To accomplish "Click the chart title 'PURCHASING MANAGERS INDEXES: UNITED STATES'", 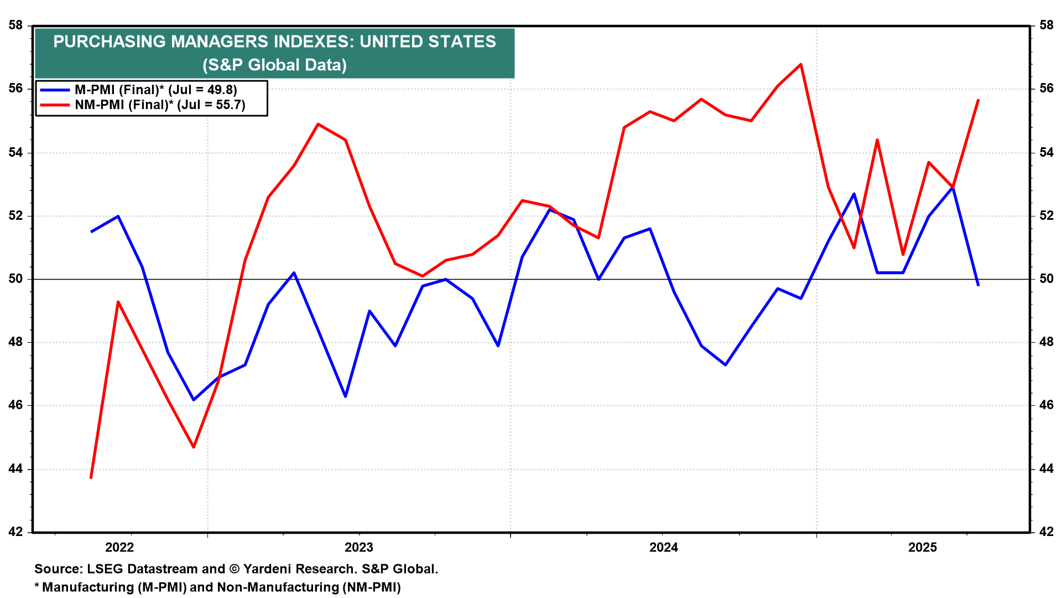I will point(274,42).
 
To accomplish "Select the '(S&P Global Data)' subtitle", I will point(274,65).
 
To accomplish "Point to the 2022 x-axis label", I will point(119,548).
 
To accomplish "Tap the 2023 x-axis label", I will point(359,548).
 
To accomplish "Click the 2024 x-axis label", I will point(663,548).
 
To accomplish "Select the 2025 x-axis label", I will point(923,548).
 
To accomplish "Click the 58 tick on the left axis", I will point(15,25).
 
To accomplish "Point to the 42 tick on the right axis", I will point(1047,532).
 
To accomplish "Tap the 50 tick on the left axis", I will point(15,279).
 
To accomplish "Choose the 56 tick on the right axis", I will point(1047,89).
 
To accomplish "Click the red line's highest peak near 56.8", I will point(801,64).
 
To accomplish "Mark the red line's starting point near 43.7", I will point(91,478).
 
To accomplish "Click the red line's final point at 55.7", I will point(978,100).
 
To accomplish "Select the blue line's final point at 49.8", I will point(978,285).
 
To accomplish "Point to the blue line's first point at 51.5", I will point(91,231).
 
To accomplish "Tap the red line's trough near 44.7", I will point(194,447).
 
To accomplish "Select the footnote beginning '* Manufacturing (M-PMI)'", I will point(217,587).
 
